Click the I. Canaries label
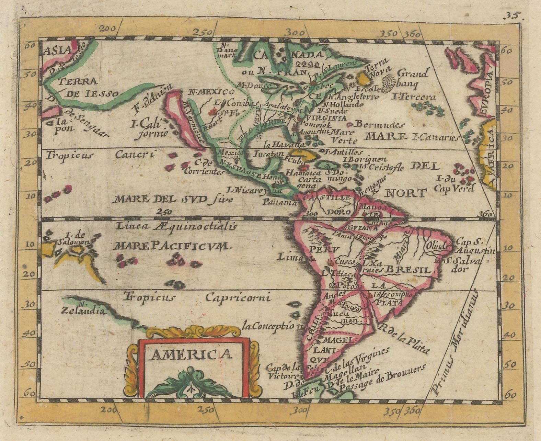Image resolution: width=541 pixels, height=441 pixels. (x=436, y=138)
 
